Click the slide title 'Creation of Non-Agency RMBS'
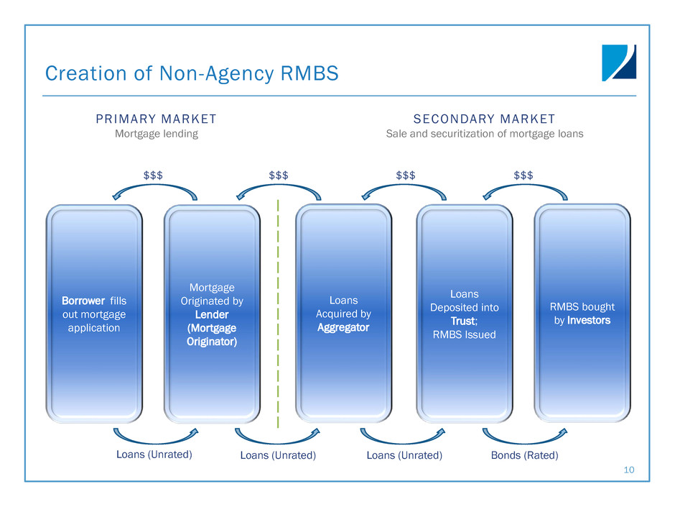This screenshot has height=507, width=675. (x=191, y=73)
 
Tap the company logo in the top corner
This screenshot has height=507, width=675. (x=618, y=63)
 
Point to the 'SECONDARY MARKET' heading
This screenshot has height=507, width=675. (x=484, y=119)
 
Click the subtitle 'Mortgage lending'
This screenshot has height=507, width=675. (x=157, y=134)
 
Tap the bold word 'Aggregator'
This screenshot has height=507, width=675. (x=344, y=327)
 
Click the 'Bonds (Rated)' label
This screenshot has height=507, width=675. (x=524, y=455)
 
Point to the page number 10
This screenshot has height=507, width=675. (x=630, y=470)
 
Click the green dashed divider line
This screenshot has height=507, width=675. (x=278, y=316)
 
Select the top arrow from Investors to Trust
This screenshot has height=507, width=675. (x=524, y=186)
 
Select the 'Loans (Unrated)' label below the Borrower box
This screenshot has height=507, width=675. (x=154, y=455)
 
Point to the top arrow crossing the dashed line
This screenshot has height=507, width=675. (x=279, y=186)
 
